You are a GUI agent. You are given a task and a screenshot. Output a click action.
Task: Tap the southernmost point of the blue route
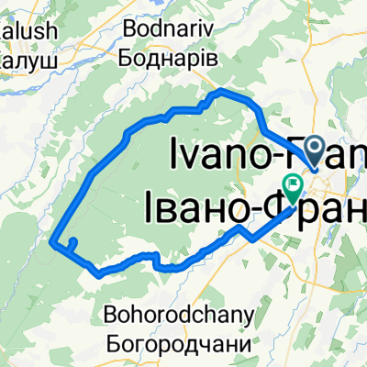(97, 272)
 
